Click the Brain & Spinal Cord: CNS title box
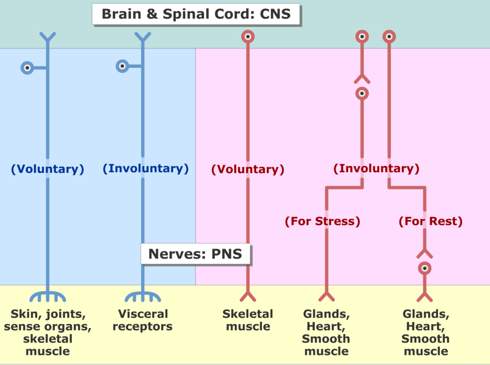196,14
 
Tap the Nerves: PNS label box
195,254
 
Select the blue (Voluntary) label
47,169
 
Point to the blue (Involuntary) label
145,168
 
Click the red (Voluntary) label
248,169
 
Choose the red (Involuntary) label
376,168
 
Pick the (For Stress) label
323,221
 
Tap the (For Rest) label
431,221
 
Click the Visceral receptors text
143,320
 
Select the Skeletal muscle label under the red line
248,320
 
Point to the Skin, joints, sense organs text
47,320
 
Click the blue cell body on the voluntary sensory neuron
27,68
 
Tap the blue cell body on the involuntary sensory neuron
122,66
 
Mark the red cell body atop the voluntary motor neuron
248,36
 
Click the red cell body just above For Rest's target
425,268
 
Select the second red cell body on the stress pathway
362,93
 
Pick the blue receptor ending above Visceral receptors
143,296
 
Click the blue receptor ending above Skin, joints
47,296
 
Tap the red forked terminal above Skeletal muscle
248,296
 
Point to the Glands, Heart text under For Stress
326,320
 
